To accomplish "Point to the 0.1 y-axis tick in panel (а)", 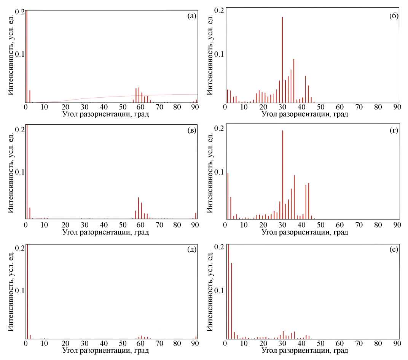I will (20, 54).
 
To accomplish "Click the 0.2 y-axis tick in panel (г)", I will (218, 128).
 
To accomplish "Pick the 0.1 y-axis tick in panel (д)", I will (20, 290).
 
